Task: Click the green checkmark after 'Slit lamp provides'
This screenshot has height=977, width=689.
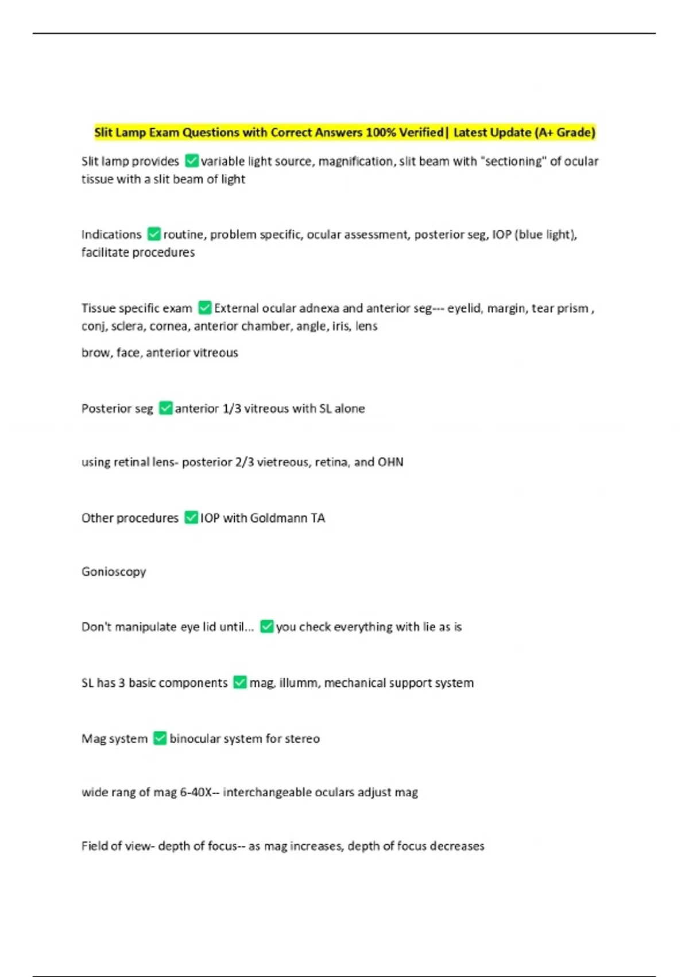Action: (192, 161)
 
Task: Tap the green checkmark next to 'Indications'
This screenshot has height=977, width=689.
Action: (154, 234)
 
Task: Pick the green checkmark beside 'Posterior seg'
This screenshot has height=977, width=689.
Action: (165, 408)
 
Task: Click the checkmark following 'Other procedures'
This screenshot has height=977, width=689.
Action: (191, 517)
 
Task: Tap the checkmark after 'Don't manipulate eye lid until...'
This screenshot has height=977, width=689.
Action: (266, 626)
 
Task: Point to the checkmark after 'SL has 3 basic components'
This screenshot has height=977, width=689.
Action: (240, 682)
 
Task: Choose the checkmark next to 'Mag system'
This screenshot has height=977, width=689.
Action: (160, 738)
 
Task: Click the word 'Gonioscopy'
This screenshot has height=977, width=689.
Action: (114, 571)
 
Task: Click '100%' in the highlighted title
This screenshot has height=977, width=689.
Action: (381, 132)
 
